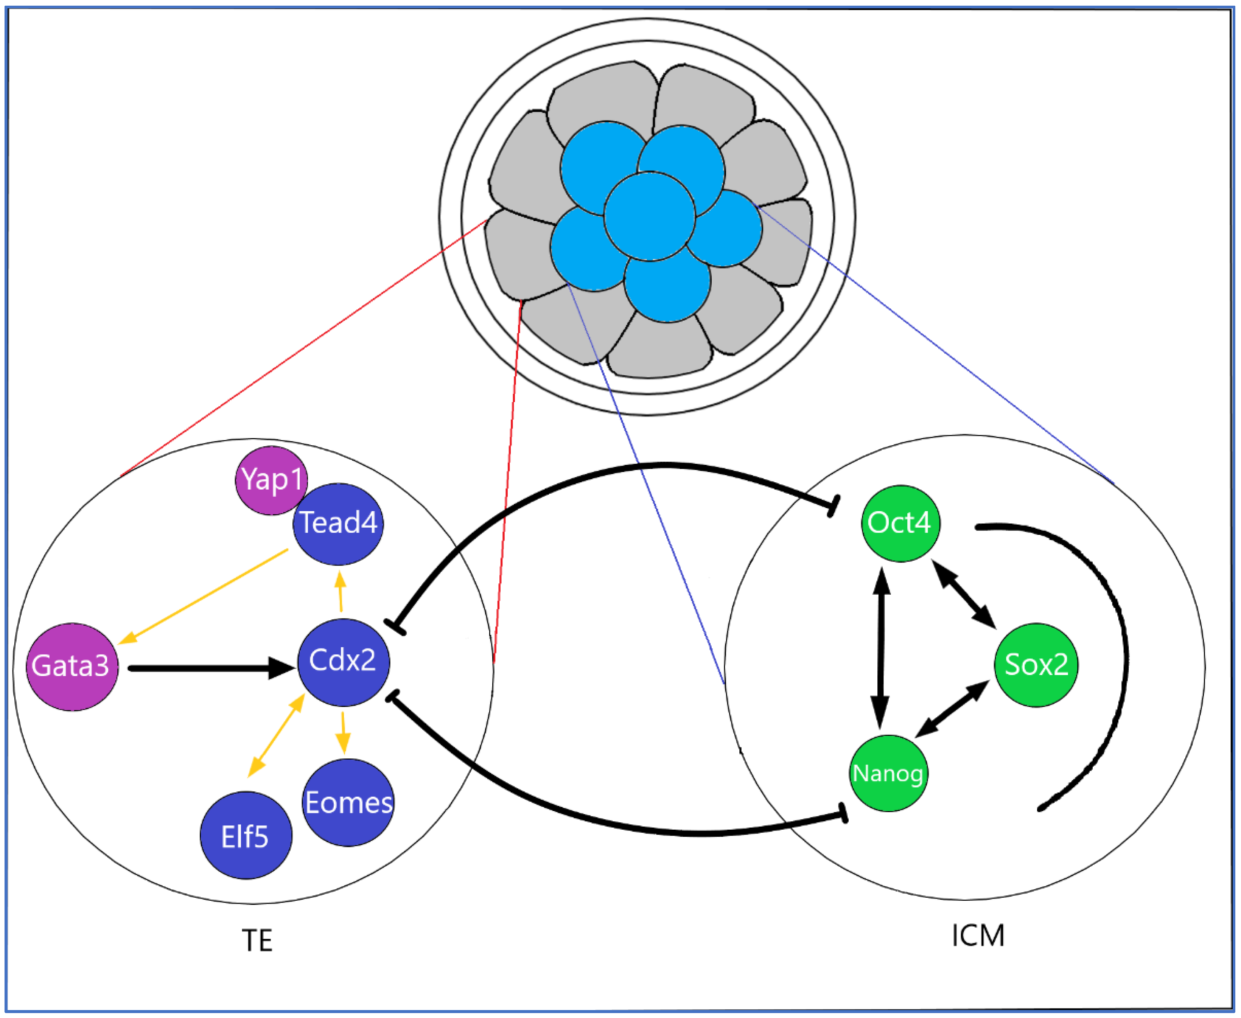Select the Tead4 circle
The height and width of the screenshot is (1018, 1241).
(x=338, y=524)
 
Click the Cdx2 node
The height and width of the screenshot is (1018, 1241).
(x=343, y=662)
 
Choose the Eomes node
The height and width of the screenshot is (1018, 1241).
(x=349, y=802)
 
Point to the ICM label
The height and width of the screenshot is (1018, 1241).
(x=978, y=935)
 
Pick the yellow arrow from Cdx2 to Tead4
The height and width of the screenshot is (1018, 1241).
(x=340, y=592)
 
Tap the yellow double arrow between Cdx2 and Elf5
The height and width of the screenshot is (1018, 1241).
(x=276, y=735)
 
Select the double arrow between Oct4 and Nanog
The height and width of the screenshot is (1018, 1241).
(x=881, y=648)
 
